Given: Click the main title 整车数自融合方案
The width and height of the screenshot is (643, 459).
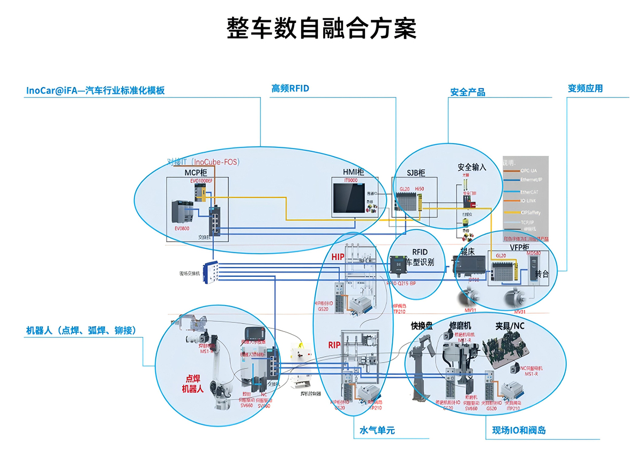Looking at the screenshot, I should (322, 28).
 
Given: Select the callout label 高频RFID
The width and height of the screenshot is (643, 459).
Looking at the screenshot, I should (290, 88).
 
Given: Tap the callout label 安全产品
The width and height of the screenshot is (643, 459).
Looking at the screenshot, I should (467, 92).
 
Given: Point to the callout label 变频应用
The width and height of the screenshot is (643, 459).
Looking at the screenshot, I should (585, 88).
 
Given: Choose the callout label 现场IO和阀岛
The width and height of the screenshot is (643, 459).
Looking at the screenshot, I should (519, 431).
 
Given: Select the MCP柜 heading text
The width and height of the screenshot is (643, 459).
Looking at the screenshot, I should (196, 172).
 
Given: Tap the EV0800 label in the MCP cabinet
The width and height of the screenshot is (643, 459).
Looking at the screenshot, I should (182, 228).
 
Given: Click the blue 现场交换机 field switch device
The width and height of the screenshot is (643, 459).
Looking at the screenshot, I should (211, 273).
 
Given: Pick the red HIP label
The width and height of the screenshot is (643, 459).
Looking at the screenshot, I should (338, 257).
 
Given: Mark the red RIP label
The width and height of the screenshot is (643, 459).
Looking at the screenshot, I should (334, 344).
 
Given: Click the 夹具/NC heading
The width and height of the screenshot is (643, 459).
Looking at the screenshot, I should (510, 325).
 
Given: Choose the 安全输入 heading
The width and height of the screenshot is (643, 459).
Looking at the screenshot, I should (472, 167).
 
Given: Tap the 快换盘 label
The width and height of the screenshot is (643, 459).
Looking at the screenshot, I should (422, 325).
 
